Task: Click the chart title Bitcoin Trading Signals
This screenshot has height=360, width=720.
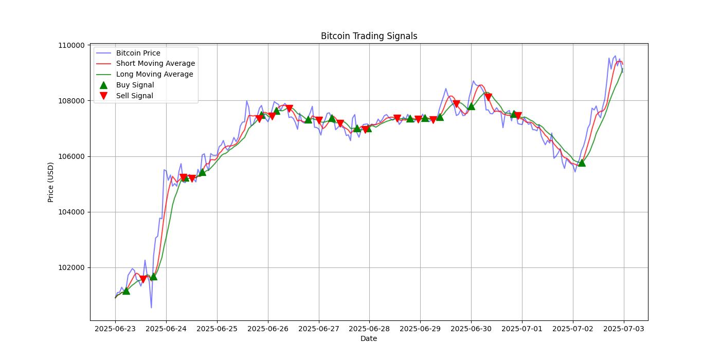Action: click(x=369, y=36)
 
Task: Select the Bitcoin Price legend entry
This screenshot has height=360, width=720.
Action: click(x=138, y=53)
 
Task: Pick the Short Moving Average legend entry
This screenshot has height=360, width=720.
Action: click(x=155, y=64)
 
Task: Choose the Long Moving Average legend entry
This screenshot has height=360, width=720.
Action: click(x=154, y=74)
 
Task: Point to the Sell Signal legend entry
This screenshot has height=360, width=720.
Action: click(x=134, y=96)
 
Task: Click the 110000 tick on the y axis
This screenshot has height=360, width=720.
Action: click(x=71, y=45)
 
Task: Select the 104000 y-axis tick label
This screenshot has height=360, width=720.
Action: click(x=71, y=212)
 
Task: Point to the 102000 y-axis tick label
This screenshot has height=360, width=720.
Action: click(x=71, y=267)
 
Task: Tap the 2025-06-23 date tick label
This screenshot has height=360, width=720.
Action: click(x=115, y=328)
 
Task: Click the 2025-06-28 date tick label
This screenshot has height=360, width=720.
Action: click(x=369, y=328)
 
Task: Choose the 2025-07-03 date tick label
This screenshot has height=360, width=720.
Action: click(x=624, y=328)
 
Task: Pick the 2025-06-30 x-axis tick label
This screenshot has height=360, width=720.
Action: click(x=471, y=328)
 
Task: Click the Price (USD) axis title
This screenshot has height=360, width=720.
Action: click(x=51, y=182)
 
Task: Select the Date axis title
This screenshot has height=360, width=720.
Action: click(x=369, y=338)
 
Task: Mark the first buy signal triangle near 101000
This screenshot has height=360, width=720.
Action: click(x=126, y=291)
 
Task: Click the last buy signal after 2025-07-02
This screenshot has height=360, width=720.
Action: click(x=582, y=163)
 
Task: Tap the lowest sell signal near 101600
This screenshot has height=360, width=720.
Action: click(x=143, y=279)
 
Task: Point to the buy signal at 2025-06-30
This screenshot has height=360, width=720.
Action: click(x=471, y=106)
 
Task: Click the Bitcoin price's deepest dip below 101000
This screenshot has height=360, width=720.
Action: click(x=151, y=308)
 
